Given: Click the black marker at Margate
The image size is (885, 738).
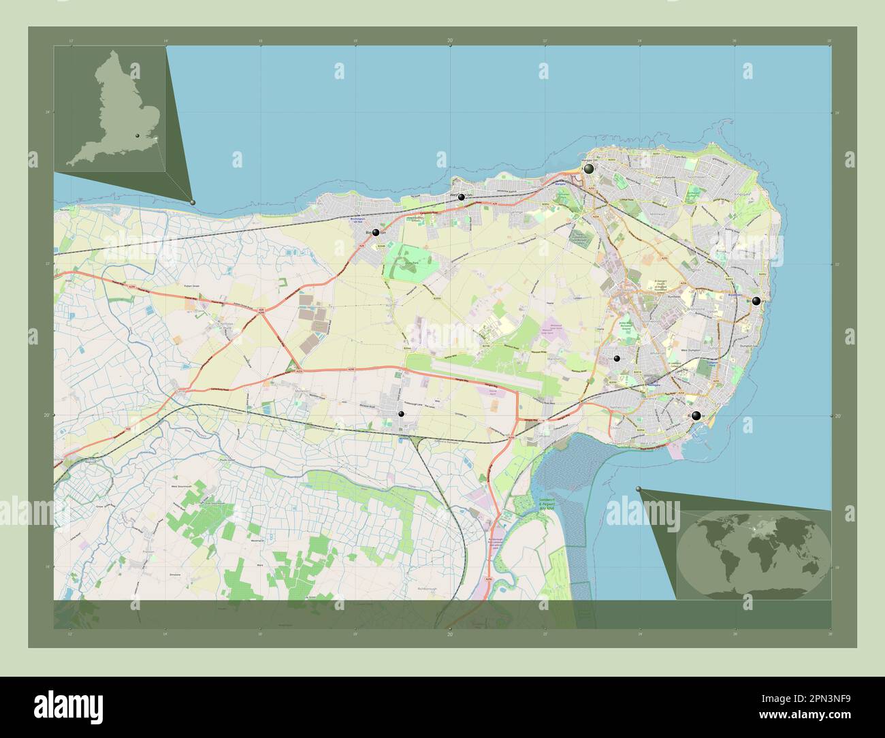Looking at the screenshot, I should [x=588, y=168].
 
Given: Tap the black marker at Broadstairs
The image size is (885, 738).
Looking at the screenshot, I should [x=756, y=301].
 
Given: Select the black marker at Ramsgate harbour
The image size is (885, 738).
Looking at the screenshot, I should [x=696, y=416].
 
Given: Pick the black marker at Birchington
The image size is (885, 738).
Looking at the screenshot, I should [x=376, y=233].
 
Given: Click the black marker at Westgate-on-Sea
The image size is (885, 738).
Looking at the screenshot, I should [x=462, y=197].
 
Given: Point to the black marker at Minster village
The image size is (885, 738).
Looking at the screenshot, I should [x=401, y=414].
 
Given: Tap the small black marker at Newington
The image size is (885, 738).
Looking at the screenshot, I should [x=617, y=358].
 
